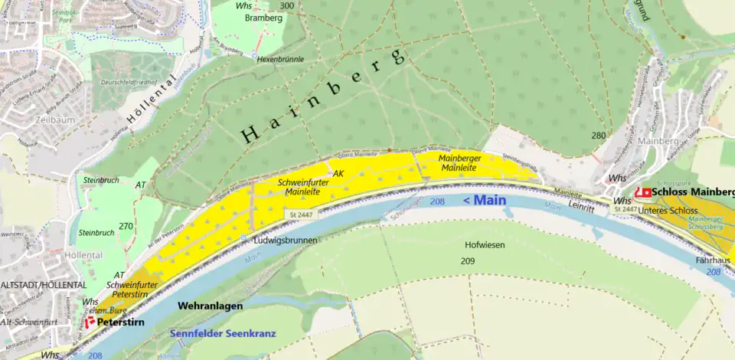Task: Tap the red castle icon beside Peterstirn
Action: [90, 322]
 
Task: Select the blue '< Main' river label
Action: [485, 200]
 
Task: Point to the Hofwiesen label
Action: [485, 245]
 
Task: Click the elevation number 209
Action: [468, 261]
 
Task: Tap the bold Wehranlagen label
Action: [210, 306]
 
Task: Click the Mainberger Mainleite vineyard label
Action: [459, 162]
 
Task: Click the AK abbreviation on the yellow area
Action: [338, 174]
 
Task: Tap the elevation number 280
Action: [599, 136]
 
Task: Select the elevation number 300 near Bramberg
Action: [287, 6]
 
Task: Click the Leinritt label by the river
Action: [583, 207]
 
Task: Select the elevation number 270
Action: [126, 226]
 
